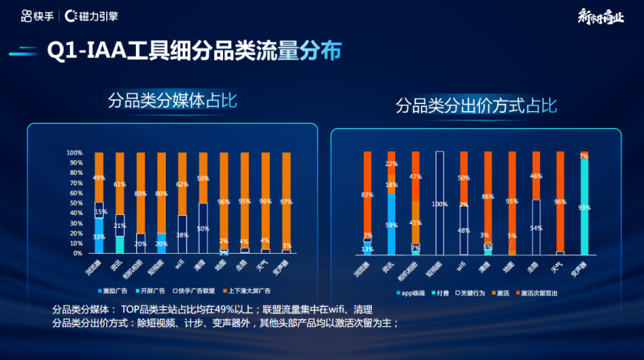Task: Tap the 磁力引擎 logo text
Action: pyautogui.click(x=95, y=15)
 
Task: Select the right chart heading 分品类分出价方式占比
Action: pyautogui.click(x=475, y=106)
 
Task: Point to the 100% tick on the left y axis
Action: pyautogui.click(x=74, y=153)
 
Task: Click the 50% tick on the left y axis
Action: pyautogui.click(x=76, y=203)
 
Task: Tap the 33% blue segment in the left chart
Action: pyautogui.click(x=99, y=237)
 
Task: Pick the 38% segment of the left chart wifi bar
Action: pyautogui.click(x=183, y=234)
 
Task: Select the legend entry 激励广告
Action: pyautogui.click(x=116, y=288)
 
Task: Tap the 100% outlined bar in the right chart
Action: pyautogui.click(x=440, y=204)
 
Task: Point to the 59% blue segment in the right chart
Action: pyautogui.click(x=391, y=225)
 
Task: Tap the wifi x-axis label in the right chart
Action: pyautogui.click(x=462, y=264)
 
